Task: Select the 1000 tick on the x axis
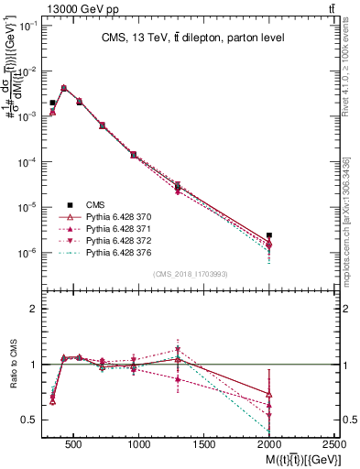pos(139,445)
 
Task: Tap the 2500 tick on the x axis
pos(334,445)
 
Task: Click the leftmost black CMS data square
pos(53,104)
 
